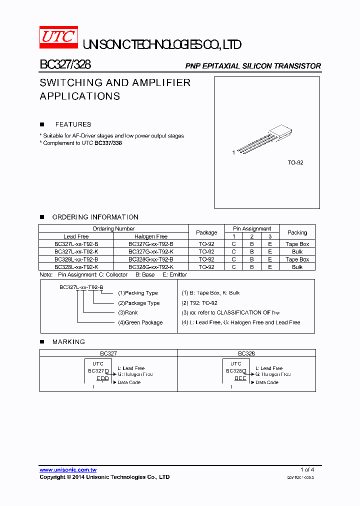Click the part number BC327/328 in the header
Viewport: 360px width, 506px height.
65,65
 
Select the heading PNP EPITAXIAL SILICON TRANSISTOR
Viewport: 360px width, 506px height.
253,66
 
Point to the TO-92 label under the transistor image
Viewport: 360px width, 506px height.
295,163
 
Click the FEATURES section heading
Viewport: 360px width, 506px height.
73,124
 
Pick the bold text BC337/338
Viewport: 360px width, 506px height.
108,143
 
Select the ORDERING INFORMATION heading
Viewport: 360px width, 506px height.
95,217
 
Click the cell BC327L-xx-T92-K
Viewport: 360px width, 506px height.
76,251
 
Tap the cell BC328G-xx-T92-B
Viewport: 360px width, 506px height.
151,259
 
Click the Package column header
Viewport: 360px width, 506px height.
206,232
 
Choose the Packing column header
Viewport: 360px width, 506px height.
297,232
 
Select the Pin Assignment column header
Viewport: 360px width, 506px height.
252,228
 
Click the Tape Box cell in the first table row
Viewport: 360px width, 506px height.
297,244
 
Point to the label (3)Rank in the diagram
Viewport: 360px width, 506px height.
128,312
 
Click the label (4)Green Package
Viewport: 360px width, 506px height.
140,322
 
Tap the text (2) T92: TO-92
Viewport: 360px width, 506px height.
199,303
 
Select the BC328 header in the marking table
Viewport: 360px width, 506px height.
246,353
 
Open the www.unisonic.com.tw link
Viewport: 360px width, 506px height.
68,469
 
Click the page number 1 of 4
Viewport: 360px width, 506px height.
307,469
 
